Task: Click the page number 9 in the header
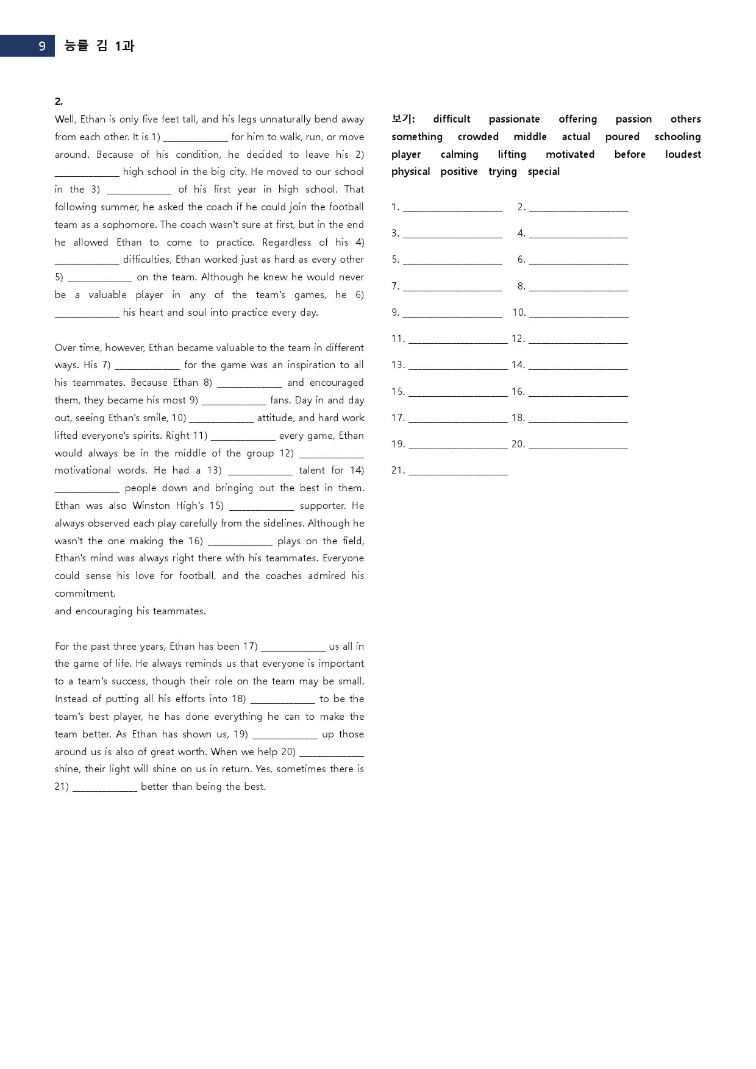41,46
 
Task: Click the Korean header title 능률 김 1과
99,46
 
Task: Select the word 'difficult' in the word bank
452,119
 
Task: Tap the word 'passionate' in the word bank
514,119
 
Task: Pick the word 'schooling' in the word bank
677,137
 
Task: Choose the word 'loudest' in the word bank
683,155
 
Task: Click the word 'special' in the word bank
543,172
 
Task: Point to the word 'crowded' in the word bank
478,137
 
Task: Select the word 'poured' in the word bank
622,137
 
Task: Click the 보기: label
403,119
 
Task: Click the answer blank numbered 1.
452,208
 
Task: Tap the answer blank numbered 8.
579,287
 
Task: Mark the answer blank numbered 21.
458,471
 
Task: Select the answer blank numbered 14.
578,366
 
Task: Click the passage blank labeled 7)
148,366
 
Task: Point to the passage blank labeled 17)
293,647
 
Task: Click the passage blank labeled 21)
105,787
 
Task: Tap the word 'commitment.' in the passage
85,594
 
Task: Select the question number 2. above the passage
59,102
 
